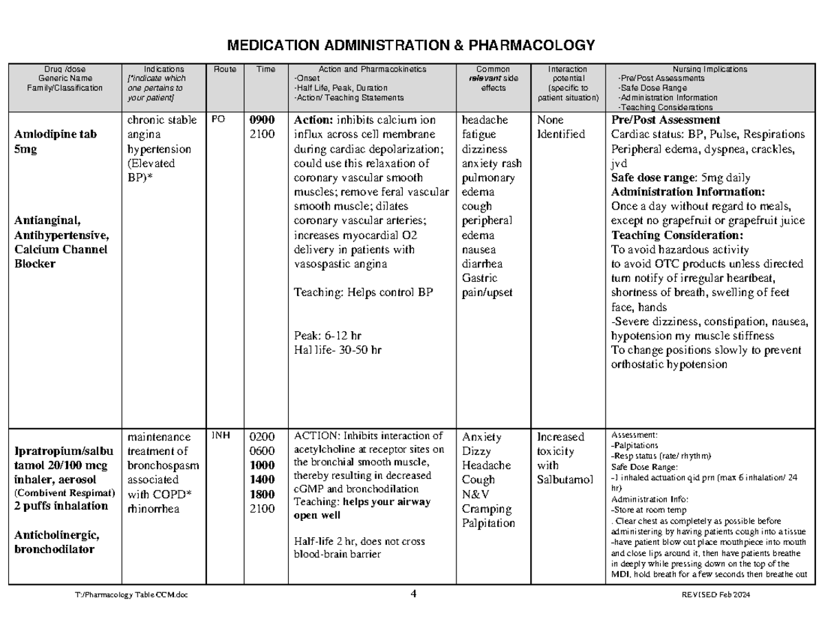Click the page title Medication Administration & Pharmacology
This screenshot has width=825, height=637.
pyautogui.click(x=412, y=46)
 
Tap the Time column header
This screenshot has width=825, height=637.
pyautogui.click(x=265, y=69)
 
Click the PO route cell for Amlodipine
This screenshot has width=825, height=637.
pyautogui.click(x=219, y=120)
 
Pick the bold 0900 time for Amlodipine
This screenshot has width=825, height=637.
pyautogui.click(x=262, y=120)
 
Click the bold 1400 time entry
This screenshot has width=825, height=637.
pyautogui.click(x=262, y=479)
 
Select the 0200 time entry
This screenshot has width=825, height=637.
pyautogui.click(x=262, y=437)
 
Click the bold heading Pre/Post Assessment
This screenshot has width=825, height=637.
pyautogui.click(x=665, y=120)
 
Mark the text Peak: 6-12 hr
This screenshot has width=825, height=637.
pyautogui.click(x=327, y=336)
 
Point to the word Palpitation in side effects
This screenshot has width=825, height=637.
pyautogui.click(x=488, y=523)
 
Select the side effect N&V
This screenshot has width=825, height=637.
pyautogui.click(x=476, y=494)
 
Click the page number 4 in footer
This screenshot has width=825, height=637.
pyautogui.click(x=412, y=594)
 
